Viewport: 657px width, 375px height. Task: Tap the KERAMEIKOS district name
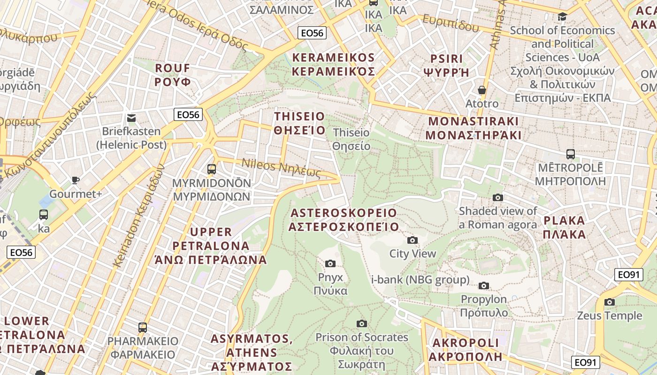tap(333, 65)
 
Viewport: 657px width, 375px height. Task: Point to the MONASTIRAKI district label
tap(473, 128)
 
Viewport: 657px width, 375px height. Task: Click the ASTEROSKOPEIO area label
tap(344, 220)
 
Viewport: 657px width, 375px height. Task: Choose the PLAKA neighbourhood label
tap(565, 227)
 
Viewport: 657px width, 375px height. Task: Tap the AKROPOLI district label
tap(466, 350)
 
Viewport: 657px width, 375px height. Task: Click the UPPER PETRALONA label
tap(211, 246)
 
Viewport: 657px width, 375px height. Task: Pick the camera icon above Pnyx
tap(330, 264)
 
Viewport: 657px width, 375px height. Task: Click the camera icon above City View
tap(413, 240)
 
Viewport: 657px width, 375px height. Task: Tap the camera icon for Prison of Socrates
tap(361, 323)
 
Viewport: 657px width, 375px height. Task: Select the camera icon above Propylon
tap(484, 285)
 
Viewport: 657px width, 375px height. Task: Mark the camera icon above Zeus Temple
tap(610, 302)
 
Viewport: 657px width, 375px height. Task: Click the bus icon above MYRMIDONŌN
tap(212, 169)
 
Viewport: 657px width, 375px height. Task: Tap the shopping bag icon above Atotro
tap(482, 90)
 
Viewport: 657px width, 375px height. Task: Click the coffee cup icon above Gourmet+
tap(75, 180)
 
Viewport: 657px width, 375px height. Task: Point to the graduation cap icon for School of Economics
tap(562, 17)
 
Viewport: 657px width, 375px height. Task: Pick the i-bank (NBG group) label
tap(420, 280)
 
